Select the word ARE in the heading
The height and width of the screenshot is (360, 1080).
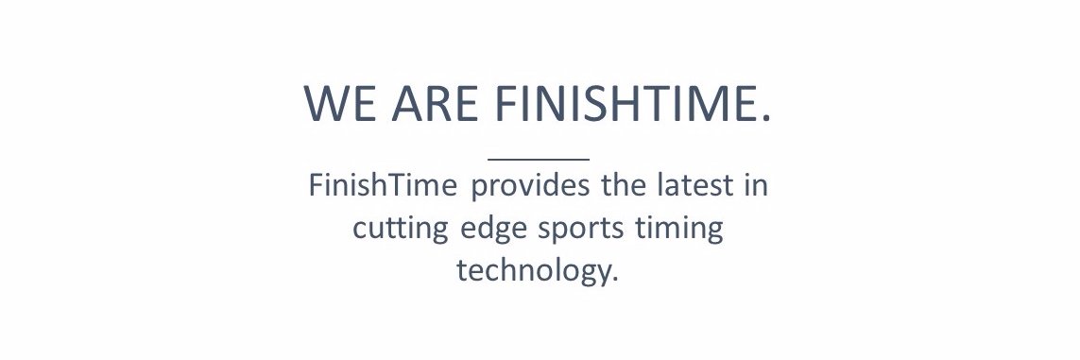click(439, 103)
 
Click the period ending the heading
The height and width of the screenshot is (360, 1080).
click(765, 118)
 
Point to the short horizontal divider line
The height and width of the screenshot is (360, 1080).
click(539, 159)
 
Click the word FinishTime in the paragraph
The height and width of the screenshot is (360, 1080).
click(384, 185)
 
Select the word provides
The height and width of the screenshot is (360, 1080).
click(530, 186)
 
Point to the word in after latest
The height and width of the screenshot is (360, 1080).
click(755, 185)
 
